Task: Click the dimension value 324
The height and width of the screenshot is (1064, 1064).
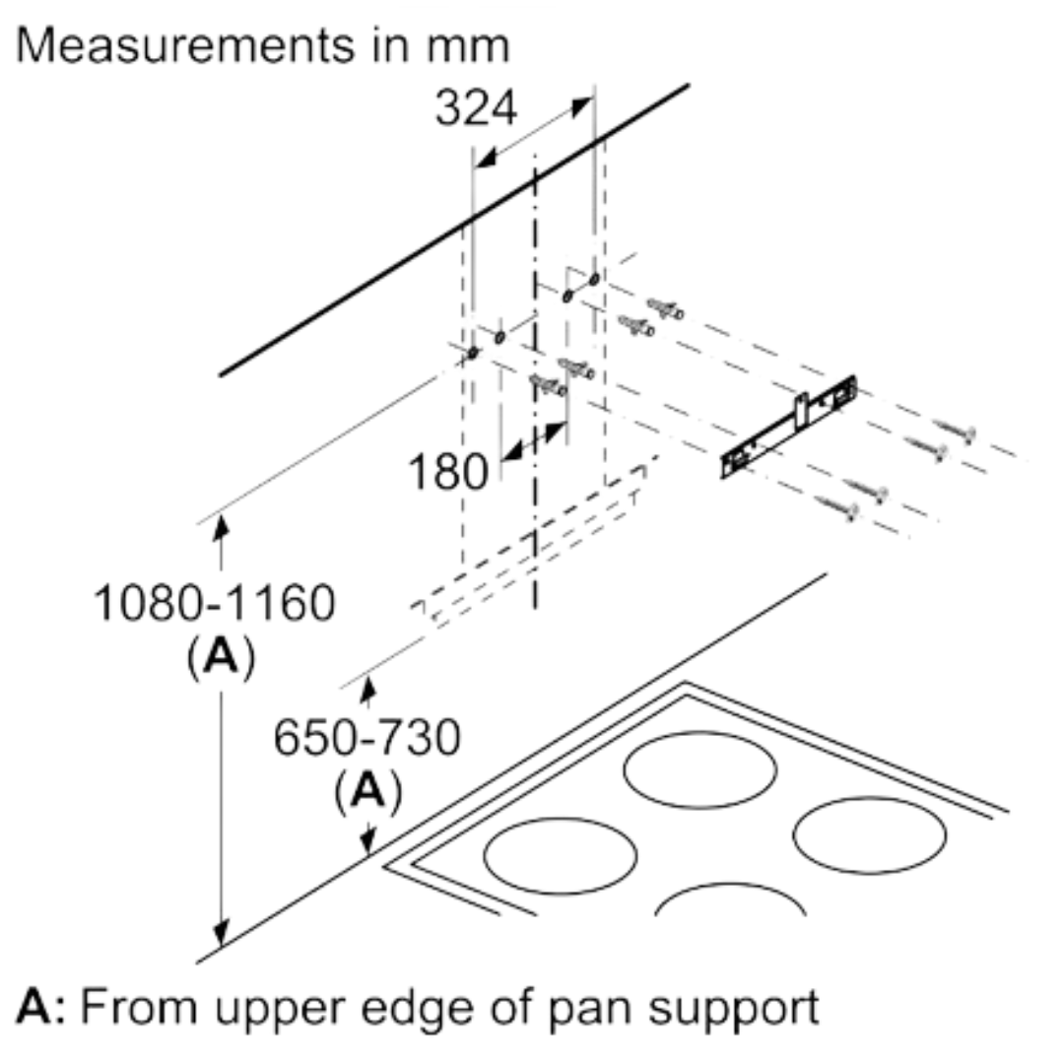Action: click(x=476, y=107)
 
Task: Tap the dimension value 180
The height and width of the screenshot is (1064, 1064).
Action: click(x=448, y=472)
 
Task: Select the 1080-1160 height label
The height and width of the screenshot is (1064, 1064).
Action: click(x=214, y=603)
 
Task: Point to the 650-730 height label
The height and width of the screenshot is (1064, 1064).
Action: click(x=366, y=739)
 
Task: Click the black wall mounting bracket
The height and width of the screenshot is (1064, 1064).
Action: click(x=788, y=427)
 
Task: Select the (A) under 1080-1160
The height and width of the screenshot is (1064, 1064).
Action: click(x=221, y=658)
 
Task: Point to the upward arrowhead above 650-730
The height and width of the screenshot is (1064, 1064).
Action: click(x=367, y=691)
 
